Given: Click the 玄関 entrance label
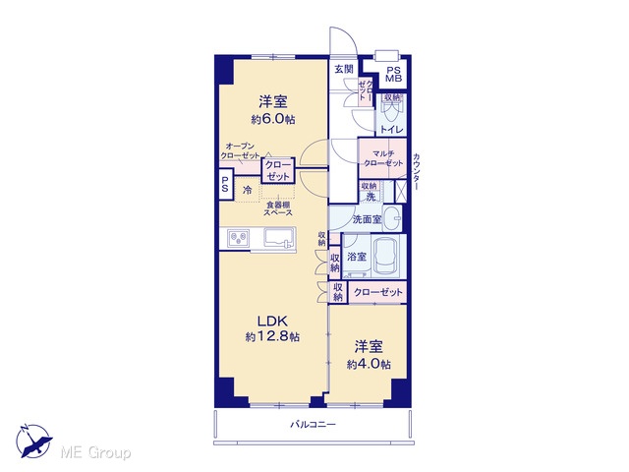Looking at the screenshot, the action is coord(343,69).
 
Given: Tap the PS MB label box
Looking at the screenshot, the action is coord(393,75).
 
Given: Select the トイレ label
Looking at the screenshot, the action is coord(391,129).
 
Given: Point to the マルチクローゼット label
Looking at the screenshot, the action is coord(382,158).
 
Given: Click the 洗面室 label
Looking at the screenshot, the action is coord(367,219).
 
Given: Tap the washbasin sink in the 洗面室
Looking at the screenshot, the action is coord(392,218).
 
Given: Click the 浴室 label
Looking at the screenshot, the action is coord(357,256).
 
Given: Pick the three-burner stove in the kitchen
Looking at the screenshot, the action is coord(238,238).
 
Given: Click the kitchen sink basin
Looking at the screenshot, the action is coord(279,238).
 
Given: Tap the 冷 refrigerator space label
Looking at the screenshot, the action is coord(248,190).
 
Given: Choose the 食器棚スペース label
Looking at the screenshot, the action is coord(277,208).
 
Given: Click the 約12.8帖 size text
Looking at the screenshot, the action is coord(272,336).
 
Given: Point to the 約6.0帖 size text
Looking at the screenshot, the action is coord(273,119).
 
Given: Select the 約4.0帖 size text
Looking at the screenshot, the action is coord(369,364).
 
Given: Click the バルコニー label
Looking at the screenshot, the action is coord(313,424).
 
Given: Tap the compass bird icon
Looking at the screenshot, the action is coord(33,442).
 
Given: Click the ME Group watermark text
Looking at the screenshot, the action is coord(95,453).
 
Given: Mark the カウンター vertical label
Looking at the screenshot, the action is coord(417,172).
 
